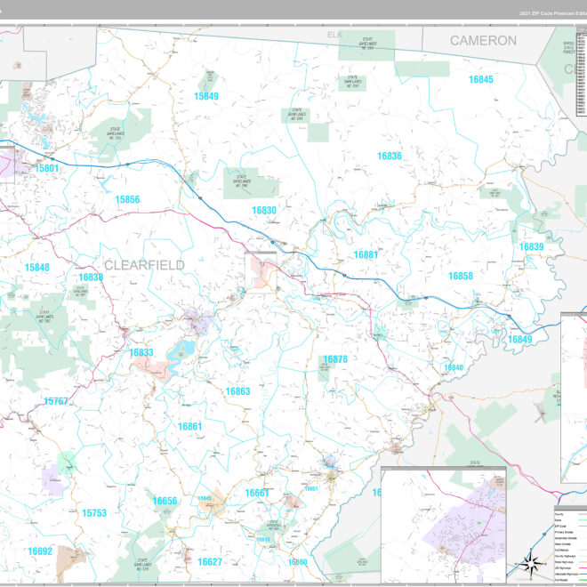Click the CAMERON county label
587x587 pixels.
coord(482,41)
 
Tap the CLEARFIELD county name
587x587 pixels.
coord(144,265)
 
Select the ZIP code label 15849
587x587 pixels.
coord(206,96)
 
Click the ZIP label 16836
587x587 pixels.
coord(389,156)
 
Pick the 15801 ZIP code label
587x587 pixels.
coord(47,168)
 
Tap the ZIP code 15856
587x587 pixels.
coord(127,199)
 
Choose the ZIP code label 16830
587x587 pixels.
coord(264,211)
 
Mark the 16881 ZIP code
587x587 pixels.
coord(366,255)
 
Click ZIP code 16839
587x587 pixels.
coord(531,246)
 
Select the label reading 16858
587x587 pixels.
coord(460,277)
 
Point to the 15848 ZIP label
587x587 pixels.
coord(37,268)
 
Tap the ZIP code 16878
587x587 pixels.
coord(334,359)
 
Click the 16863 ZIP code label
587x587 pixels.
coord(237,391)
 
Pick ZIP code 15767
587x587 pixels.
coord(56,402)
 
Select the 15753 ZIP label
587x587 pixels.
coord(93,513)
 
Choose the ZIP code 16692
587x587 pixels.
coord(40,551)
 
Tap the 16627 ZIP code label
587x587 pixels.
coord(210,562)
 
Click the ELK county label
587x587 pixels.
coord(334,35)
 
